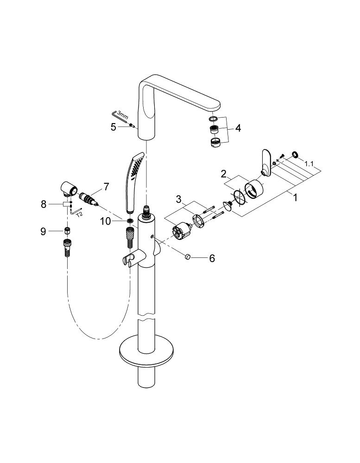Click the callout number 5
tap(113, 126)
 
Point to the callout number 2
tap(223, 174)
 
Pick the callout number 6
tap(212, 258)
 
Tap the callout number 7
tap(106, 187)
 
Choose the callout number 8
tap(44, 204)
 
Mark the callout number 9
tap(44, 231)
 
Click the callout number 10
tap(105, 221)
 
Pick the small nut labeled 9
tap(67, 231)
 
